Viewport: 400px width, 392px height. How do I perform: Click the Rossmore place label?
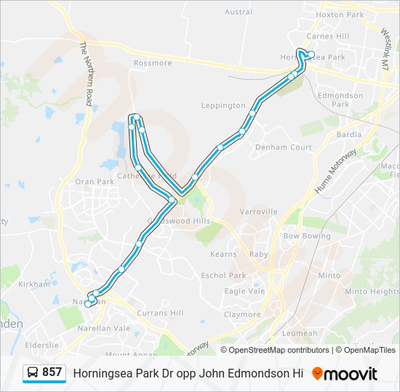[153, 63]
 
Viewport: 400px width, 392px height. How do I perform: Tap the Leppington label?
[223, 105]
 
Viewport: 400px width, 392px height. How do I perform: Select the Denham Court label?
[283, 147]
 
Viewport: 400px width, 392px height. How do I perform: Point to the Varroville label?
[259, 212]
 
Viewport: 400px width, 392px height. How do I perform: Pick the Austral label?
[239, 12]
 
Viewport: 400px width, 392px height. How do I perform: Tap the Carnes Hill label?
[327, 36]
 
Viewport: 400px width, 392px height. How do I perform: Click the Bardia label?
[349, 135]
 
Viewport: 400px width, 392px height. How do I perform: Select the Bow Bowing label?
[306, 237]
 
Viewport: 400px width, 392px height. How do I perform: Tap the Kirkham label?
[36, 285]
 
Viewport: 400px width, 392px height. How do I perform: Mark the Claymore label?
[241, 314]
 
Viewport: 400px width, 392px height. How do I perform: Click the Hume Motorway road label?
[335, 171]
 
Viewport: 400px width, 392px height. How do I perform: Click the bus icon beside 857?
[33, 373]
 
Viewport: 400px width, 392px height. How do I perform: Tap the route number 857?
[52, 372]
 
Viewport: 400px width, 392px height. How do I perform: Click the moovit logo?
[345, 374]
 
